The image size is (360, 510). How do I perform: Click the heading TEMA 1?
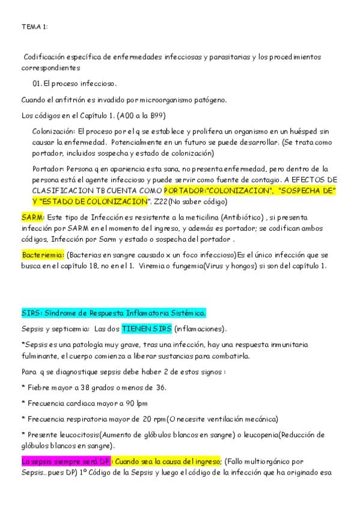click(x=35, y=27)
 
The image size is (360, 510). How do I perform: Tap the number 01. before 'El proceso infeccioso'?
click(x=37, y=83)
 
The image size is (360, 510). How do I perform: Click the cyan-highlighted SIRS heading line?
click(x=114, y=313)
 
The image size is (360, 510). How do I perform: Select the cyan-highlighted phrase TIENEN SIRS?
click(x=146, y=329)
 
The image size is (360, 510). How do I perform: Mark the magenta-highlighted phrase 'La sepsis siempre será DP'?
click(x=66, y=461)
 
